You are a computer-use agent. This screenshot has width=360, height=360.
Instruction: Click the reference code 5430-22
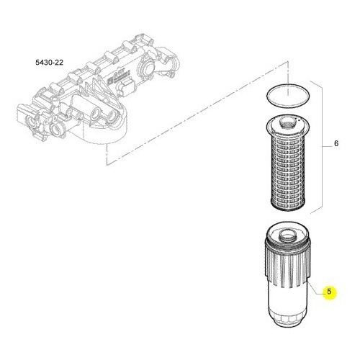(x=50, y=63)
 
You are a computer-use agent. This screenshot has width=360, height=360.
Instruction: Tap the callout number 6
(x=336, y=143)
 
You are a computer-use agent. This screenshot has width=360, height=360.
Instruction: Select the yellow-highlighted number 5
(x=329, y=292)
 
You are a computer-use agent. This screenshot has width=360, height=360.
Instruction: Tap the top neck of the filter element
(x=287, y=122)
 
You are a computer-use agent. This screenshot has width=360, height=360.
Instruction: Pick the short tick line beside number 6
(x=325, y=146)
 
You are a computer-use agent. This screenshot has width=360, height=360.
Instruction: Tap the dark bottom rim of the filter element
(x=288, y=205)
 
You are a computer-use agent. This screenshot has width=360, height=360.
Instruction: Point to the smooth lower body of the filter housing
(x=288, y=297)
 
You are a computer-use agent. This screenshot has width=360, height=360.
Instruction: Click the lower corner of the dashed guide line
(x=107, y=165)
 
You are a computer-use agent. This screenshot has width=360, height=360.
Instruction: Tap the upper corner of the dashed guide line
(x=287, y=62)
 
